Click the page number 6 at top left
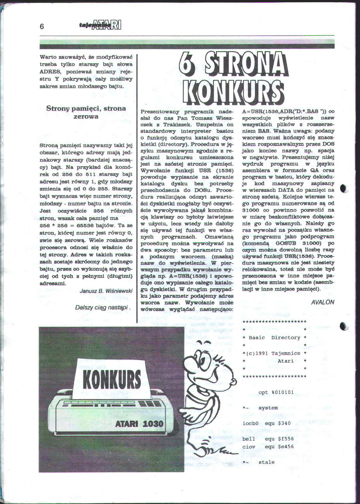click(x=42, y=27)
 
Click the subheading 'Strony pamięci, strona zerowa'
click(x=86, y=112)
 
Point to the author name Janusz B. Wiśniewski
click(x=106, y=291)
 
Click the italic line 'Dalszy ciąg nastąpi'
click(x=103, y=307)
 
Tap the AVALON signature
click(x=323, y=302)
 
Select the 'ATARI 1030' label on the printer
click(x=139, y=424)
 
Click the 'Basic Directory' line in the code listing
click(x=275, y=337)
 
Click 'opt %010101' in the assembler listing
click(x=276, y=392)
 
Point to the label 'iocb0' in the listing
click(x=249, y=423)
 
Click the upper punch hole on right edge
click(x=344, y=188)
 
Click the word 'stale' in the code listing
click(x=267, y=462)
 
